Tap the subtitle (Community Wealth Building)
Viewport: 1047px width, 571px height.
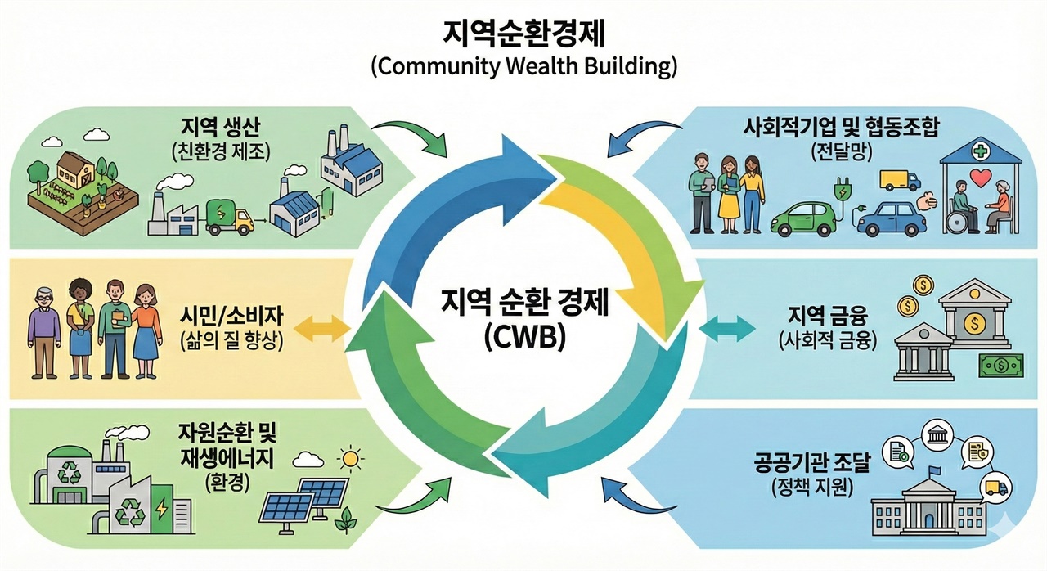click(x=523, y=66)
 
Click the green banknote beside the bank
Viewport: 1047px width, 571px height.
click(x=1003, y=365)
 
